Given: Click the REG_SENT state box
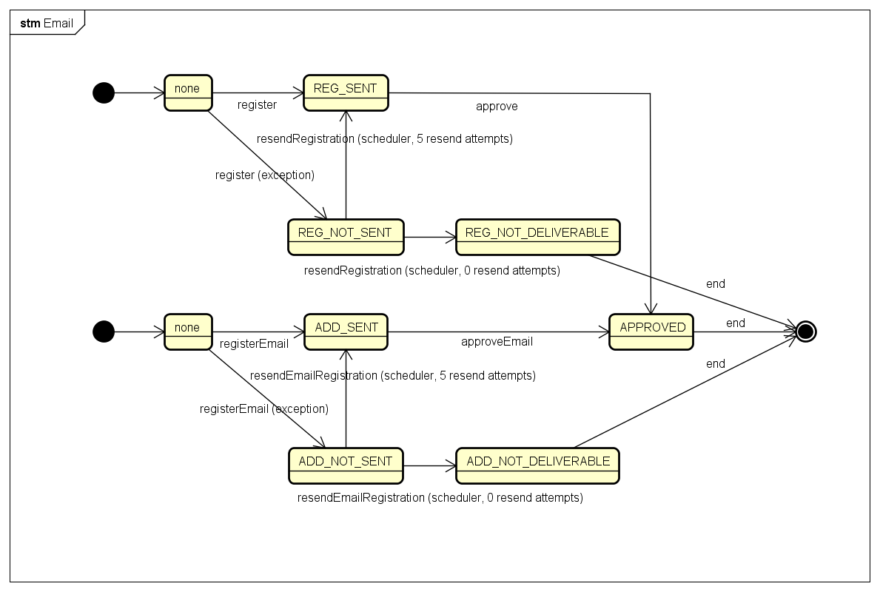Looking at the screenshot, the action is (x=346, y=93).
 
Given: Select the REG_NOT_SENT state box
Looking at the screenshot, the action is (x=346, y=238).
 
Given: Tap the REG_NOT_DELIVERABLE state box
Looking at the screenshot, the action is (x=537, y=238).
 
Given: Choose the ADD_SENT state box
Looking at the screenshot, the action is (x=346, y=332).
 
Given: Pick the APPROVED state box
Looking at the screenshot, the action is (x=651, y=332).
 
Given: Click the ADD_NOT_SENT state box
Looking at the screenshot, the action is (x=346, y=465).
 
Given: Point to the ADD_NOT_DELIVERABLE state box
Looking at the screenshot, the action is (x=537, y=465).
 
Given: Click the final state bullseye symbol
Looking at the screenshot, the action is (x=806, y=332).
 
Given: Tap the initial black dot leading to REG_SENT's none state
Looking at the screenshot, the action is (x=104, y=92).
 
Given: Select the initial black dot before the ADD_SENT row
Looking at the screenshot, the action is (x=104, y=332).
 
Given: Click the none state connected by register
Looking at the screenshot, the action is (x=188, y=93).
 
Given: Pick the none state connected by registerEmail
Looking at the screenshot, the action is (x=188, y=332).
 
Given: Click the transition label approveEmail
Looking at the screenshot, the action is (x=497, y=342).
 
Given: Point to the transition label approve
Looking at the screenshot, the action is (x=497, y=107).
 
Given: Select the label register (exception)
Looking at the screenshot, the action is (x=265, y=175).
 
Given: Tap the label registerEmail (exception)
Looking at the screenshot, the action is (x=264, y=409).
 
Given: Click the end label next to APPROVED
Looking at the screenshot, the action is (x=735, y=323).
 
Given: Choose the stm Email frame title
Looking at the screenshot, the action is (x=47, y=23).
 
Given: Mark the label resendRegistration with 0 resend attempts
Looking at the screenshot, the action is (x=432, y=270).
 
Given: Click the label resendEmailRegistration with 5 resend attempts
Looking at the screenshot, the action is (x=393, y=375).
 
